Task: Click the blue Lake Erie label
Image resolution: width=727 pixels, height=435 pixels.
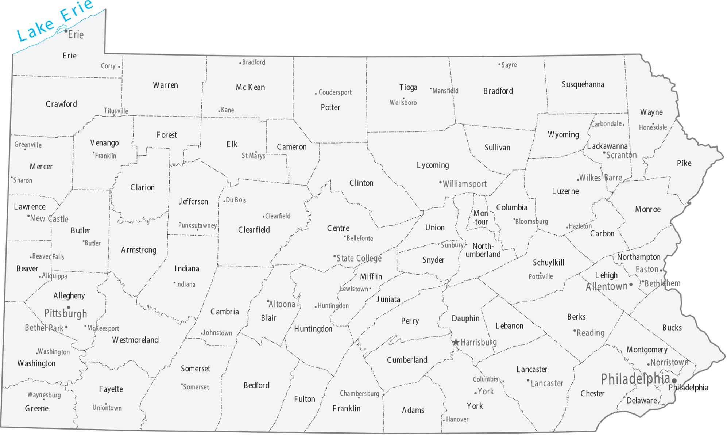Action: coord(55,21)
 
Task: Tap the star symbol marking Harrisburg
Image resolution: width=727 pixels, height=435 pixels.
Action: coord(456,342)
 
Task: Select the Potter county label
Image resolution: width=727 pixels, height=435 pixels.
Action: coord(330,107)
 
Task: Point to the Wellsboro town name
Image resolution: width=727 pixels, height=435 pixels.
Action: coord(403,103)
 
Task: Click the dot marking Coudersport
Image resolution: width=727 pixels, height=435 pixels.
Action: coord(316,94)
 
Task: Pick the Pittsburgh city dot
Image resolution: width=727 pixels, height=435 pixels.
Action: coord(68,308)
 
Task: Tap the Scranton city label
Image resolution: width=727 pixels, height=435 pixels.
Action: coord(621,155)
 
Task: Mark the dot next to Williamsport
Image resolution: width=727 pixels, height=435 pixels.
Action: coord(440,182)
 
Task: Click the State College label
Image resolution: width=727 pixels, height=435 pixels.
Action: coord(359,258)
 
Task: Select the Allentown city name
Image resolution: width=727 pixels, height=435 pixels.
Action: coord(607,286)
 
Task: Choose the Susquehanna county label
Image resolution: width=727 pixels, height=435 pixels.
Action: coord(583,84)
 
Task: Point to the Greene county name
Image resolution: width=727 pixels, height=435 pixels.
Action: coord(36,408)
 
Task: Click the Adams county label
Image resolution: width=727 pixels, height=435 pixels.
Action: coord(413,410)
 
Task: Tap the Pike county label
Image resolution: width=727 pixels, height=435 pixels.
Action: coord(684,163)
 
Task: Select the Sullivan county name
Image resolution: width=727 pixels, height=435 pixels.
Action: coord(497,148)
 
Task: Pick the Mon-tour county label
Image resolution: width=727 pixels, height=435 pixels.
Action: coord(480,217)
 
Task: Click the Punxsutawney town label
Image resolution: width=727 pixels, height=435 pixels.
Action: coord(197,225)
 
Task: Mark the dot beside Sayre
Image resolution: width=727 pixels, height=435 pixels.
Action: coord(499,64)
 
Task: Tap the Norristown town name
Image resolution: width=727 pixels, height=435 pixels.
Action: coord(669,362)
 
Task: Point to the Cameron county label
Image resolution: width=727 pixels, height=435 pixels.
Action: coord(291,147)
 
